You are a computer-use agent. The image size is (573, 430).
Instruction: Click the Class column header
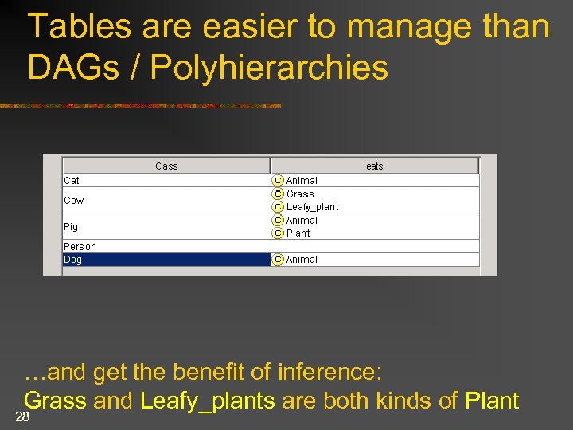[x=166, y=166]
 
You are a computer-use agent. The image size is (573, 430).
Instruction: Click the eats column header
[x=374, y=166]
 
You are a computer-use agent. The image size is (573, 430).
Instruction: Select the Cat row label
[x=72, y=181]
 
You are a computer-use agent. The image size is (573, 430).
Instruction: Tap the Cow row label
[x=73, y=201]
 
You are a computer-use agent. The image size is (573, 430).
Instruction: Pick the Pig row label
[x=71, y=227]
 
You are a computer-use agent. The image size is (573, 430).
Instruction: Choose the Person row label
[x=80, y=247]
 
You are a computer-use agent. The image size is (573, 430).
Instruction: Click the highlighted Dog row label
[x=72, y=260]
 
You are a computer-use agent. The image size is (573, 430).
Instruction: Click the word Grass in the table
[x=300, y=193]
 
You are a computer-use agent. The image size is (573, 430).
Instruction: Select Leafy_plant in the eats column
[x=312, y=207]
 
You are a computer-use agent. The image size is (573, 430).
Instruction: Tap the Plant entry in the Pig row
[x=298, y=233]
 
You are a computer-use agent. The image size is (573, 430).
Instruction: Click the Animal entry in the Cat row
[x=302, y=181]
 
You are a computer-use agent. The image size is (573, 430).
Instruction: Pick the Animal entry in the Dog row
[x=302, y=260]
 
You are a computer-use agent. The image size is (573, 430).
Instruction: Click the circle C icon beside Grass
[x=279, y=193]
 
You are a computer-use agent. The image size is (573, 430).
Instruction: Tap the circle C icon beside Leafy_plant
[x=279, y=207]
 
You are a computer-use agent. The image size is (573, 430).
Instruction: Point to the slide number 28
[x=22, y=417]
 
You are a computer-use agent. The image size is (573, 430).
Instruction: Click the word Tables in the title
[x=79, y=27]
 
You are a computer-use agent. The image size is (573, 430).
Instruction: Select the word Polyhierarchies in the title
[x=269, y=68]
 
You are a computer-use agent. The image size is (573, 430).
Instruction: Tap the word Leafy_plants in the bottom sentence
[x=207, y=401]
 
